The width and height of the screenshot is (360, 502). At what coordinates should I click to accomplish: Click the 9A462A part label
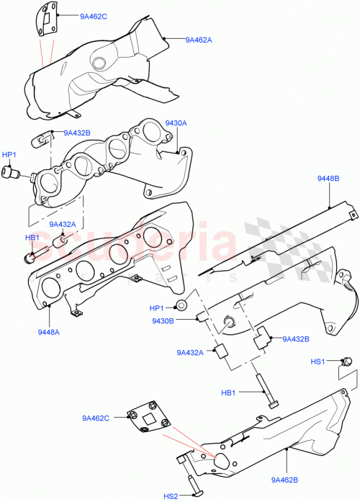[x=198, y=40]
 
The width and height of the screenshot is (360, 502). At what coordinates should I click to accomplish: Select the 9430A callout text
[x=176, y=123]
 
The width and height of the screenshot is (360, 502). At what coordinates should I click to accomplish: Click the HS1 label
[x=317, y=361]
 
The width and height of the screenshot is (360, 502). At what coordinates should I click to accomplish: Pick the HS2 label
[x=170, y=496]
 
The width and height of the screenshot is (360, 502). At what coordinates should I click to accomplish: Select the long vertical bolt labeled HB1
[x=270, y=393]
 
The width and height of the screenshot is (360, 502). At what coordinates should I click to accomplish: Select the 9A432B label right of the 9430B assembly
[x=295, y=339]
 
